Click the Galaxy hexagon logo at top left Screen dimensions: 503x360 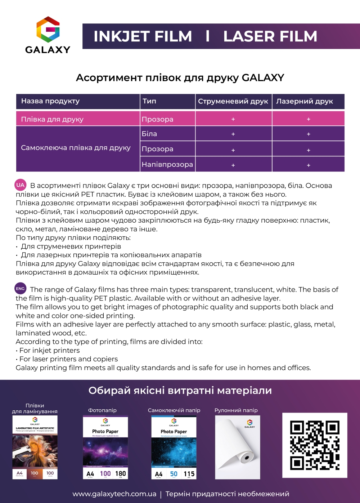tap(48, 30)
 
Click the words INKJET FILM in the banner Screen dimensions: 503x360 tap(143, 36)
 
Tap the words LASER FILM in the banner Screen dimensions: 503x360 tap(270, 36)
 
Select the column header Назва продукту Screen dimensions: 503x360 tap(50, 101)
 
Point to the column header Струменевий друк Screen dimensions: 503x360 tap(233, 102)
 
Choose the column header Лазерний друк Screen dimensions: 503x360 tap(305, 102)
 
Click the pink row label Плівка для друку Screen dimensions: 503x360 tap(52, 119)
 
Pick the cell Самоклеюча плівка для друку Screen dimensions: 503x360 tap(76, 148)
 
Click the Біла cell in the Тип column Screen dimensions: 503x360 tap(149, 134)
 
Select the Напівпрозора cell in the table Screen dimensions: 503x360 tap(167, 165)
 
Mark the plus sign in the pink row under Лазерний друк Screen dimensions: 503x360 tap(309, 119)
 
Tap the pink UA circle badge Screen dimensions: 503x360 tap(21, 185)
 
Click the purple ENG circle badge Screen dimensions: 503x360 tap(21, 288)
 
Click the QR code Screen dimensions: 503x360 tap(315, 445)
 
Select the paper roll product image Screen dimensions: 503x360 tap(237, 447)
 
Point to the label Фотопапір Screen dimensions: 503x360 tap(102, 410)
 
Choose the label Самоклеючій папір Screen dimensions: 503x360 tap(174, 410)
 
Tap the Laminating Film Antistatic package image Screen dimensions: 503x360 tap(35, 447)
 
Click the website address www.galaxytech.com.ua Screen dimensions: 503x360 tap(114, 494)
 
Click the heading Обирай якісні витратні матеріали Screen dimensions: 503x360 tap(180, 391)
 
